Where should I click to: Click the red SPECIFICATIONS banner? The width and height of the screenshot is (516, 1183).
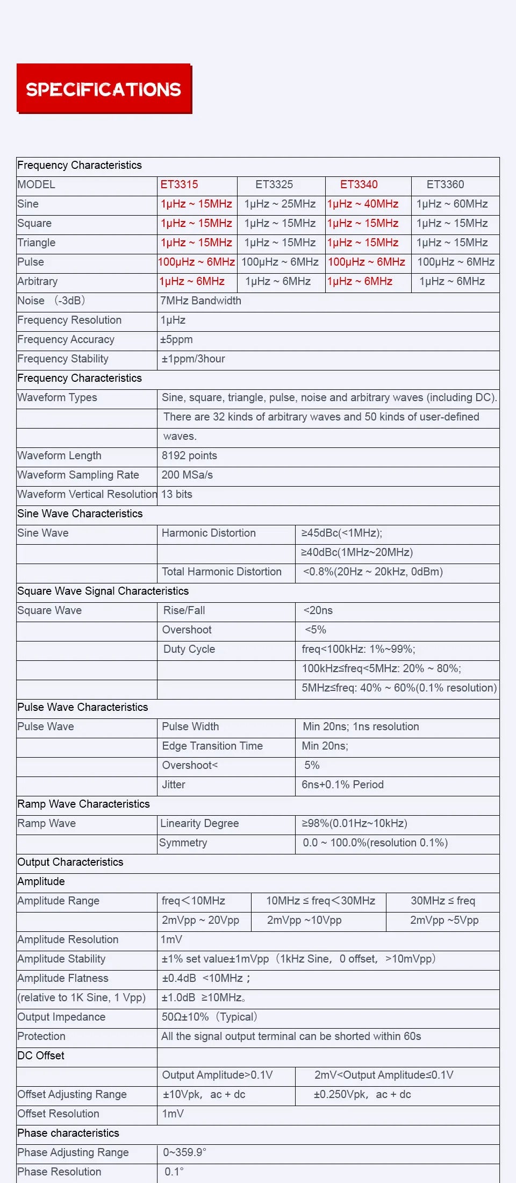104,89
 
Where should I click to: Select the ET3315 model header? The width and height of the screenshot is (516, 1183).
179,184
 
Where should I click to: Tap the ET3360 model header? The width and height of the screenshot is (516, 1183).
445,184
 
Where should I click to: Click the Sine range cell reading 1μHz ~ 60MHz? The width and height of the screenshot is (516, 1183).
452,204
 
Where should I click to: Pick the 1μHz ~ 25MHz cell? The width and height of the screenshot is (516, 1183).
280,204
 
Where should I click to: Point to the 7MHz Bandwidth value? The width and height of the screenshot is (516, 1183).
200,301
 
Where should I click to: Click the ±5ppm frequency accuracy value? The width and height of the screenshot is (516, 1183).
176,339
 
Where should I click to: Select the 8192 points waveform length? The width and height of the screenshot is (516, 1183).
189,455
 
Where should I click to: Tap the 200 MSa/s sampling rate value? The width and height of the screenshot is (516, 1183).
187,475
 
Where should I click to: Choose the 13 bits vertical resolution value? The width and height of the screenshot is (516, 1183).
177,494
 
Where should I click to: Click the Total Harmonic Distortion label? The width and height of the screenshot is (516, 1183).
221,572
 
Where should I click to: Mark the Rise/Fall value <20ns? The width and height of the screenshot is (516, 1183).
318,610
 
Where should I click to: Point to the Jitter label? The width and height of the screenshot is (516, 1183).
174,785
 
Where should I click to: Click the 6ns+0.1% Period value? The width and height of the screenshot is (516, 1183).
342,785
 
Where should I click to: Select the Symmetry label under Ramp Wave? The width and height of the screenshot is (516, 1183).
183,843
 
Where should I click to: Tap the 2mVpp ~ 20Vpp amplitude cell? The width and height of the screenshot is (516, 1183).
200,920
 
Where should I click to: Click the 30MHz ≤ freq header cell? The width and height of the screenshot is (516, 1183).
443,901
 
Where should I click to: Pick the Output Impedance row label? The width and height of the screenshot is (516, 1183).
61,1017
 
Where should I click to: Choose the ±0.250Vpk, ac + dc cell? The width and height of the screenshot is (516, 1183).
362,1094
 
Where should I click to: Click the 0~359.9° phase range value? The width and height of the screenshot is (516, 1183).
184,1152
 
